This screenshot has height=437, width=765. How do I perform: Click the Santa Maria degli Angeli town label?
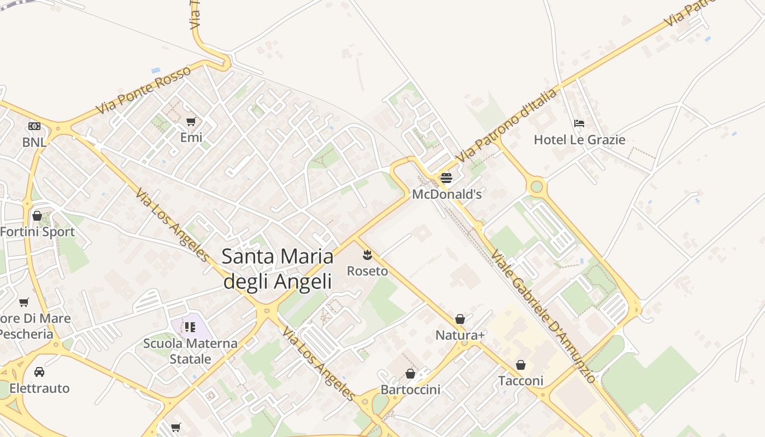pyautogui.click(x=278, y=269)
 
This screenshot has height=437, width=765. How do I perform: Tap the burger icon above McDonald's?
pyautogui.click(x=446, y=178)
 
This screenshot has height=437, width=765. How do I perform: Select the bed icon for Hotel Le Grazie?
pyautogui.click(x=579, y=123)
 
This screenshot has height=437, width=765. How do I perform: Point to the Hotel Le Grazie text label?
pyautogui.click(x=579, y=140)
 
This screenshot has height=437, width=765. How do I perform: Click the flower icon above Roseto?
pyautogui.click(x=367, y=255)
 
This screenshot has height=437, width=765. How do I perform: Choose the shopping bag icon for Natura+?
pyautogui.click(x=460, y=319)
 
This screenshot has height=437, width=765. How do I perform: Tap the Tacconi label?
pyautogui.click(x=521, y=381)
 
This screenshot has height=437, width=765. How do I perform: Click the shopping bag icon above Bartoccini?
pyautogui.click(x=410, y=374)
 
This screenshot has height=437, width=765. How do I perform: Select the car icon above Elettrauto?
pyautogui.click(x=39, y=372)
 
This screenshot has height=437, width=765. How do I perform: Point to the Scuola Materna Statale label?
pyautogui.click(x=190, y=351)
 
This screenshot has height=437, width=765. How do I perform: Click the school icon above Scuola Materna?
pyautogui.click(x=190, y=327)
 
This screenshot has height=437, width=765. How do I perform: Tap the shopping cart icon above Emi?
pyautogui.click(x=191, y=121)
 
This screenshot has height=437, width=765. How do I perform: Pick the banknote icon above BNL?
pyautogui.click(x=34, y=126)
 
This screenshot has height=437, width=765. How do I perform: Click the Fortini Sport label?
pyautogui.click(x=37, y=232)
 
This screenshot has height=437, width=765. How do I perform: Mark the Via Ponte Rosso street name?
pyautogui.click(x=143, y=90)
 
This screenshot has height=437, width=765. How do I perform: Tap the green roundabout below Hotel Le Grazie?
pyautogui.click(x=537, y=186)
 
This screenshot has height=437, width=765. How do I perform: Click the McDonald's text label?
pyautogui.click(x=447, y=194)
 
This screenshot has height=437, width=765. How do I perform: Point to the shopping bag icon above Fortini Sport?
pyautogui.click(x=37, y=216)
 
